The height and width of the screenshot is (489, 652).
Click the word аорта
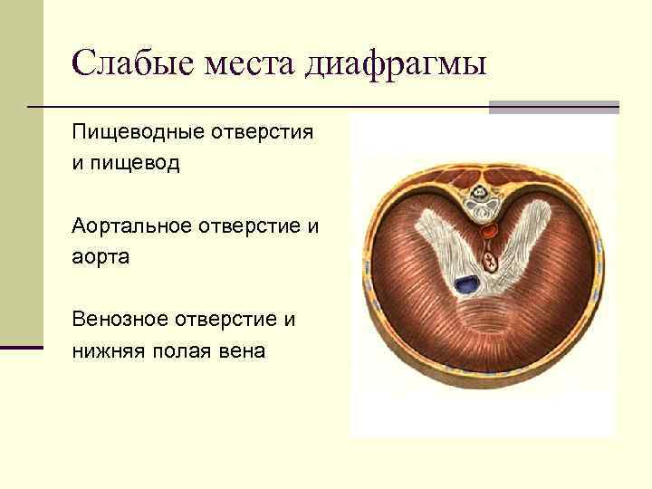[x=101, y=257]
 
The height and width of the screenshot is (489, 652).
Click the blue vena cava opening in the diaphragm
[x=467, y=285]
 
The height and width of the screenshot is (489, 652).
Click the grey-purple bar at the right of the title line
[x=553, y=107]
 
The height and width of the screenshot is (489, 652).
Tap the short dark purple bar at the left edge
[x=22, y=346]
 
